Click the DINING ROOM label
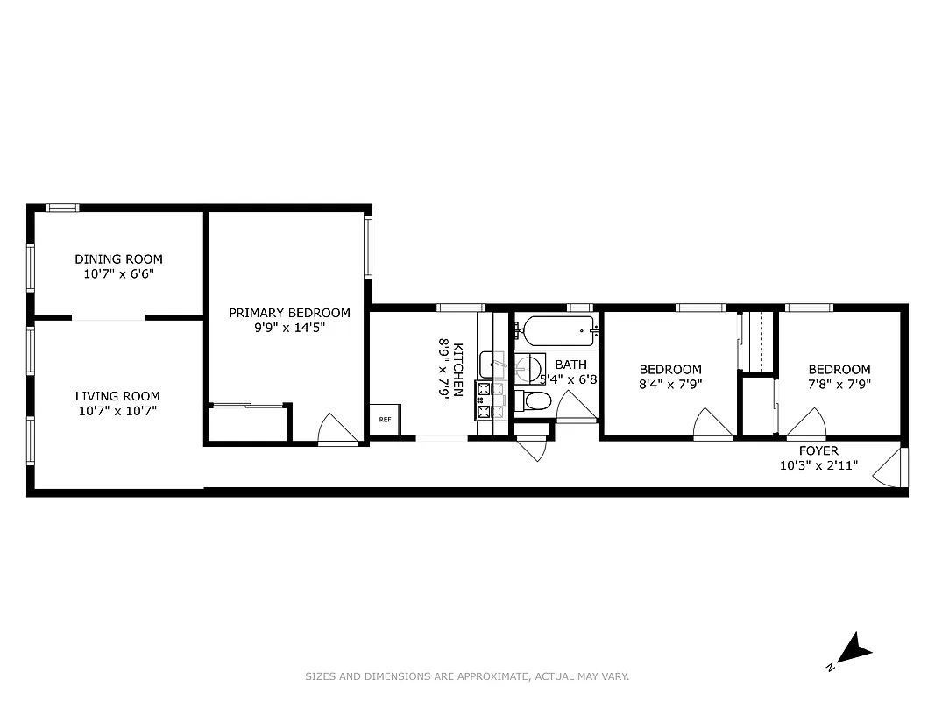click(118, 259)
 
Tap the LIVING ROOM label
click(117, 396)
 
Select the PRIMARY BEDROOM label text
click(289, 313)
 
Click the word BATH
click(570, 365)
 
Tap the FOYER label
click(818, 450)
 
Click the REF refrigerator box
click(385, 419)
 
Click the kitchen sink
click(489, 365)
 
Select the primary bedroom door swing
click(336, 429)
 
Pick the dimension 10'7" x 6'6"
click(118, 273)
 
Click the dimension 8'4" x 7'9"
click(669, 383)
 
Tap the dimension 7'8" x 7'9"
click(839, 383)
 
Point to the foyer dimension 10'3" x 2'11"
click(818, 465)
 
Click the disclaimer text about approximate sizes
click(467, 676)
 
